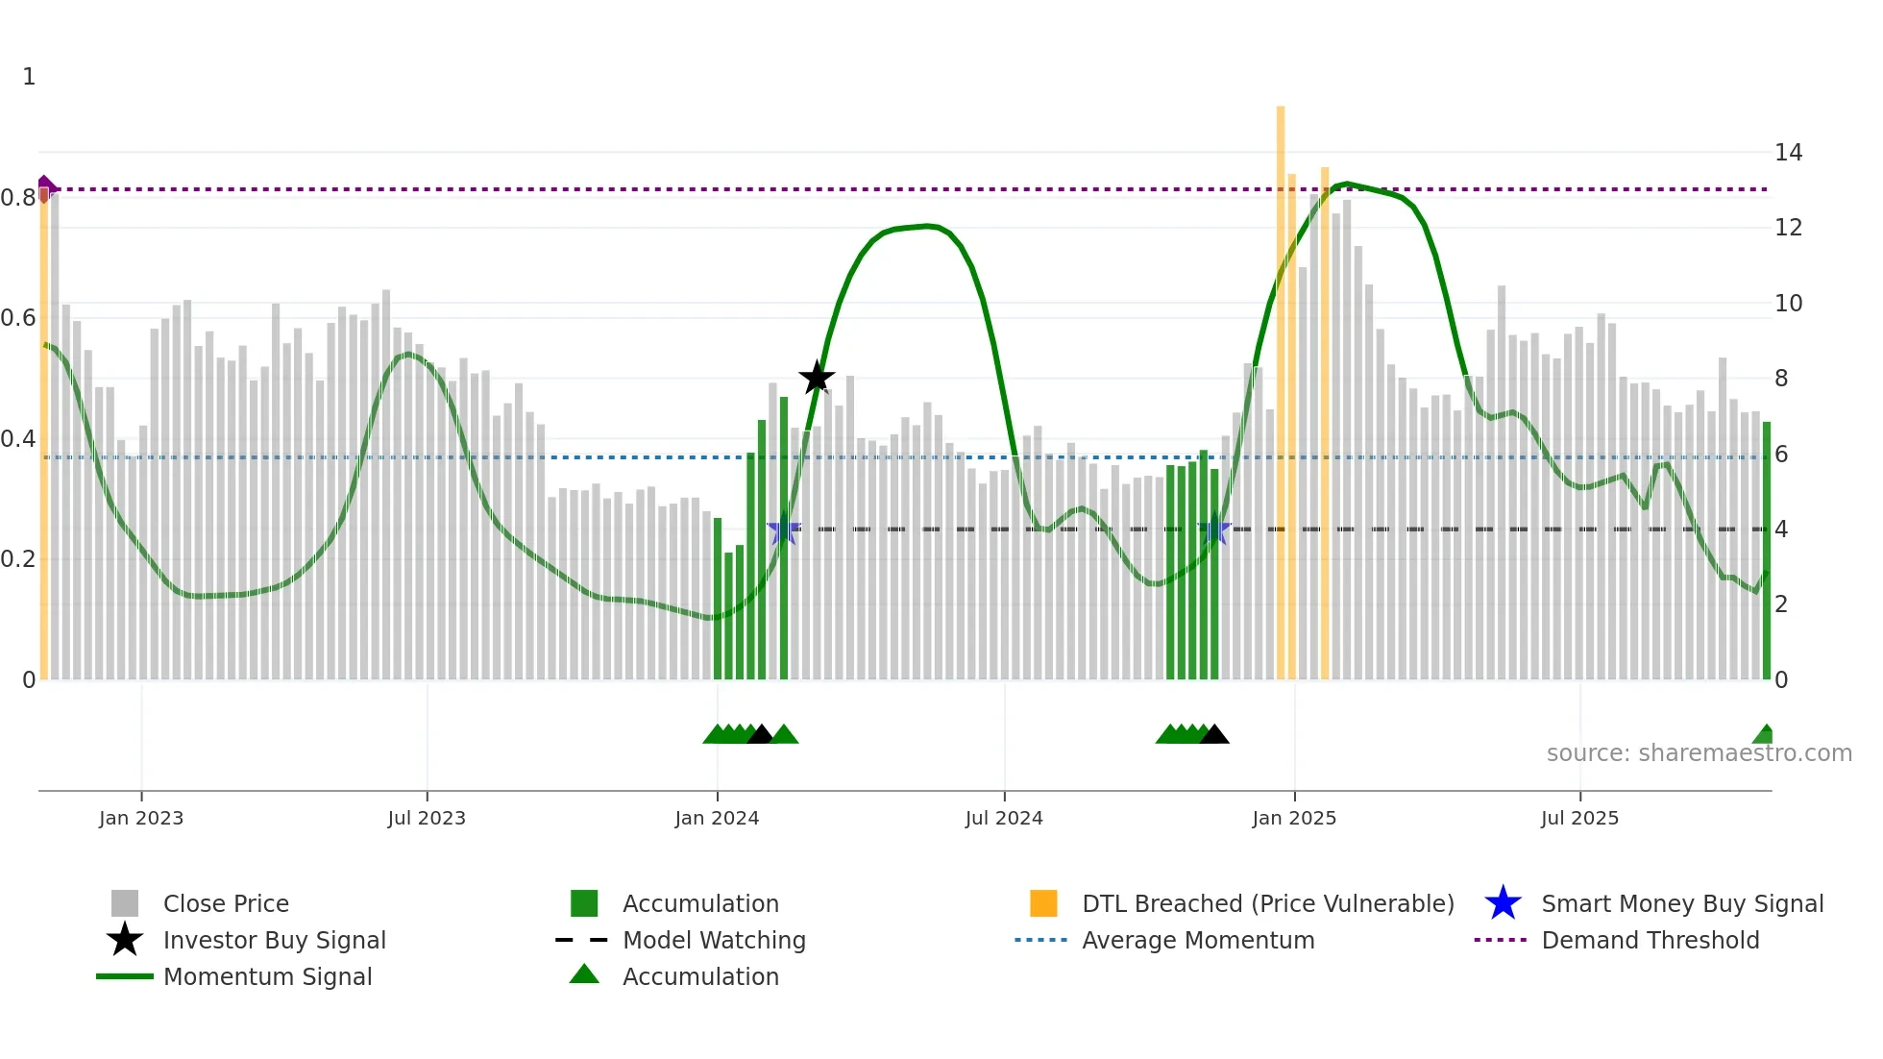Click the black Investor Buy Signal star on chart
click(817, 378)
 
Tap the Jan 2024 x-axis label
click(717, 818)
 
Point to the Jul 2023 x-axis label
click(427, 818)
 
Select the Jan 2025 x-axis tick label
click(1294, 818)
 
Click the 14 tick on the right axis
click(1788, 152)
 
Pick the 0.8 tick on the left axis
click(18, 198)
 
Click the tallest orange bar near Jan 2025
click(1281, 384)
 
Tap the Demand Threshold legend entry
click(1650, 940)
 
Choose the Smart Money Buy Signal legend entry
click(1681, 903)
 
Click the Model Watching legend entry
click(713, 940)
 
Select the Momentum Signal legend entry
click(267, 976)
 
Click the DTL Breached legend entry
click(1267, 903)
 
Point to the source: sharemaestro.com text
click(1699, 752)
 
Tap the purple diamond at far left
click(45, 185)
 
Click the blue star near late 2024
click(1215, 529)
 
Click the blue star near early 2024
click(784, 529)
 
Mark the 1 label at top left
click(29, 77)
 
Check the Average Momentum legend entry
click(1197, 940)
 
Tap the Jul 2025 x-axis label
click(1579, 818)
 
